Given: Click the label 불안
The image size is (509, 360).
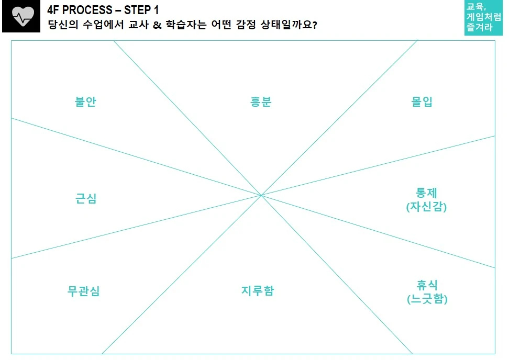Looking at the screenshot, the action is point(85,102).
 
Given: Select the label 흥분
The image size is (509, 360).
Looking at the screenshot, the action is point(260,102).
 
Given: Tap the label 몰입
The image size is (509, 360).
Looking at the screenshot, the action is point(422,102).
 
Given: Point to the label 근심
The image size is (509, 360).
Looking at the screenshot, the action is point(86,199).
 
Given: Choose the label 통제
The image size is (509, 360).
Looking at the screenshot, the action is point(426,193).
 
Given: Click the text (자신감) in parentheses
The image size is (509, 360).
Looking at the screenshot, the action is point(426,207).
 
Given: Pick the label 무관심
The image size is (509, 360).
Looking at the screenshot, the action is point(84,291).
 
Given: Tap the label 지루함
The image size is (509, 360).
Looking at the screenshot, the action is point(258,291).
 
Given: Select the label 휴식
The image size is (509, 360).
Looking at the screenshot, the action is point(427,285).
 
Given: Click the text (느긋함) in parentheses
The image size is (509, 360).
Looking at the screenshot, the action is point(427,299).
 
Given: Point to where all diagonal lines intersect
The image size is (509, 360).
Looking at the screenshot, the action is point(261,195).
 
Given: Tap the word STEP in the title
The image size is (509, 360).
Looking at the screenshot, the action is point(138,10).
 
